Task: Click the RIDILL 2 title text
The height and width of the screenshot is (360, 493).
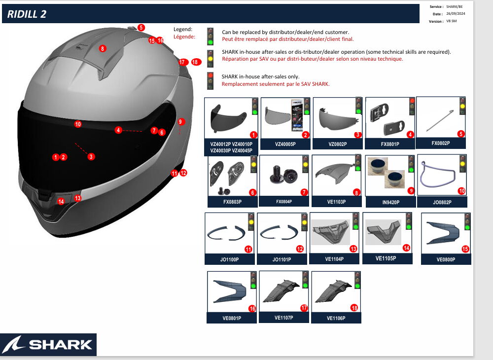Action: (27, 14)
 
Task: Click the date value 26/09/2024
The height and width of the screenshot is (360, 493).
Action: (456, 14)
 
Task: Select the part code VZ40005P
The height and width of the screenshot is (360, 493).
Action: (285, 144)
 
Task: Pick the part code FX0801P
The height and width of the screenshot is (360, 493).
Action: (389, 144)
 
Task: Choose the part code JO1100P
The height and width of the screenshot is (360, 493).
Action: (229, 260)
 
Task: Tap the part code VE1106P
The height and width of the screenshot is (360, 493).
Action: (336, 319)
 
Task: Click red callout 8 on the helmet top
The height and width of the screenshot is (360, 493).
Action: (102, 48)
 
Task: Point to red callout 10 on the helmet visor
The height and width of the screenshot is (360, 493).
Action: (78, 124)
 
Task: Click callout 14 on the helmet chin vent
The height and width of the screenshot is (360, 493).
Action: (61, 201)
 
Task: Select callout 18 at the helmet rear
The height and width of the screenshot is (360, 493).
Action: (196, 62)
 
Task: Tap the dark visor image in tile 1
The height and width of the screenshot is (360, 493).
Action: (225, 118)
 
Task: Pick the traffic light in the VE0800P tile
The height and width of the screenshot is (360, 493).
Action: (466, 221)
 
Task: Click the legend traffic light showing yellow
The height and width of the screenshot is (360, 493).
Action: (211, 58)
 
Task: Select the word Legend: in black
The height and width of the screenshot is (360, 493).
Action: (183, 29)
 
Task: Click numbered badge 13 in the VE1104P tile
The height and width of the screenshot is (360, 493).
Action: (353, 249)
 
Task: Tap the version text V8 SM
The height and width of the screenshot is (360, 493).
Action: (451, 21)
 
